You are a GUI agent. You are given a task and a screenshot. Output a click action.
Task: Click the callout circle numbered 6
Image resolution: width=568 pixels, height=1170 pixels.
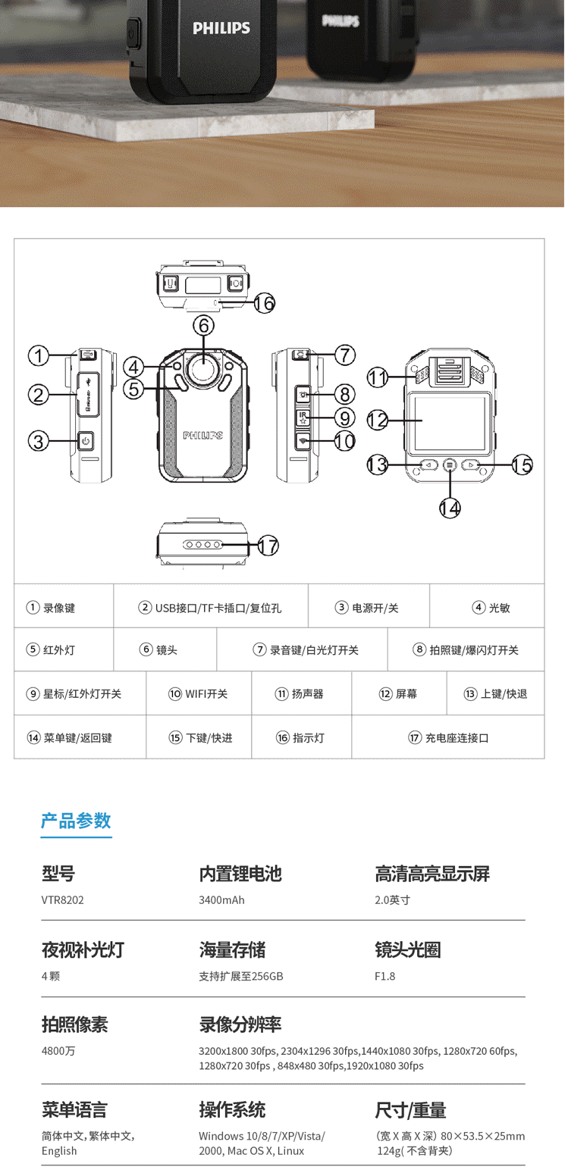[203, 325]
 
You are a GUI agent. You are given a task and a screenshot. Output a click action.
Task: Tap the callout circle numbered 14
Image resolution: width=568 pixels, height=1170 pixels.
[450, 508]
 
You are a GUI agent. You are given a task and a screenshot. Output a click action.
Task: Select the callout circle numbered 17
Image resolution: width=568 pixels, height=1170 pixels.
[268, 545]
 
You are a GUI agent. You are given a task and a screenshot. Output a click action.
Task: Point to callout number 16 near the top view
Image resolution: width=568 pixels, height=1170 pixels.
[263, 303]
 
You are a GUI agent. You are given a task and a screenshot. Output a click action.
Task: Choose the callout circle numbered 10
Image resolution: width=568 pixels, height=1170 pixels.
[344, 440]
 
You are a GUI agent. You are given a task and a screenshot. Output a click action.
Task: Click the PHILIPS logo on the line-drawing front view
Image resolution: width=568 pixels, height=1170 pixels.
[202, 436]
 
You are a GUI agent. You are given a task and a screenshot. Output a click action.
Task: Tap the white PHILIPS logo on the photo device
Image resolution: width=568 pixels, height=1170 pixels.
[221, 28]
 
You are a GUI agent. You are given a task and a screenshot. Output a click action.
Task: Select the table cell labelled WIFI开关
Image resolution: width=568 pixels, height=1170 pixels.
[198, 693]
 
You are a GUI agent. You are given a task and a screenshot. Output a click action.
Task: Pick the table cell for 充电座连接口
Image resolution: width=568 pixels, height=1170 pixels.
[447, 737]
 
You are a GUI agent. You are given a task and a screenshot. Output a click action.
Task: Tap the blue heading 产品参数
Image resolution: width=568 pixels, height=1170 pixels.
[76, 820]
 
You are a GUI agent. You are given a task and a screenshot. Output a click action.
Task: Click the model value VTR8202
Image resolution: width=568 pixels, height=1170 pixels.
[62, 900]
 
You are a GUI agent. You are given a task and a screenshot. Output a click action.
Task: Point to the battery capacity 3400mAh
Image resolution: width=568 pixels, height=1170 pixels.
[221, 900]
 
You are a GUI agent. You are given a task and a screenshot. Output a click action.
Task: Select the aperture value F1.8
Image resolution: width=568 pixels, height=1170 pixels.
[385, 976]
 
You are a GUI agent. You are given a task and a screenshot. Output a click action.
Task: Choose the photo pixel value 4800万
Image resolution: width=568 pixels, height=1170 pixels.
[58, 1051]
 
